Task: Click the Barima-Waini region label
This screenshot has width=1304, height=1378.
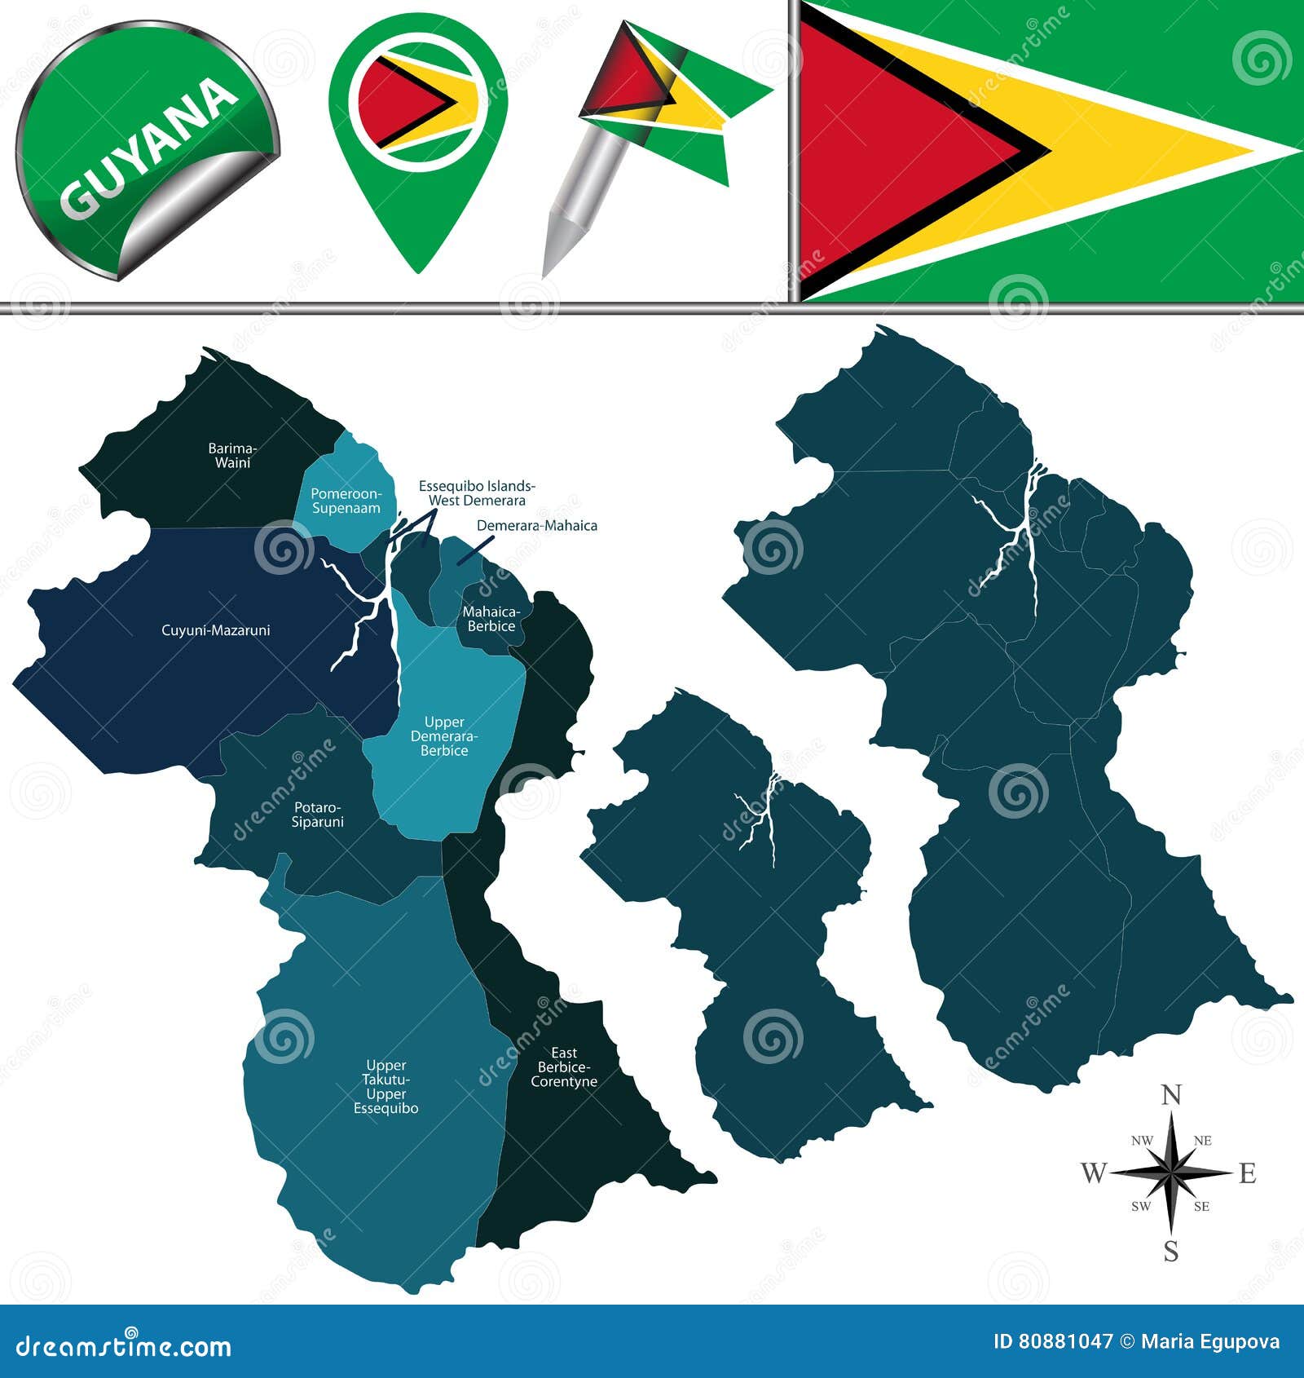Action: (232, 455)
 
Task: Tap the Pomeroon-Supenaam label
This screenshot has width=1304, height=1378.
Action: (346, 501)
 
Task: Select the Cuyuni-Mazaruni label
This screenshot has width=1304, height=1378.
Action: (215, 630)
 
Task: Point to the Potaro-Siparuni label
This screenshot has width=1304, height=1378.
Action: (317, 815)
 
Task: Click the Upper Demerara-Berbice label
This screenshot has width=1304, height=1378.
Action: (444, 736)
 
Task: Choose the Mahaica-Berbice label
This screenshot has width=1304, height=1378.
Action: (491, 619)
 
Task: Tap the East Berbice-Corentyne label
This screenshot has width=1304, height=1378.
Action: (564, 1067)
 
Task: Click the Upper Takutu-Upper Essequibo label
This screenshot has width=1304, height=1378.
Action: (385, 1087)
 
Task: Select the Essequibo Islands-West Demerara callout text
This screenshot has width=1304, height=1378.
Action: (477, 493)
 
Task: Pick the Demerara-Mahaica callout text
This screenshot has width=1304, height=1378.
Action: (536, 526)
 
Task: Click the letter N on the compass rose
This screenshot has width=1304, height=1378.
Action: (1171, 1096)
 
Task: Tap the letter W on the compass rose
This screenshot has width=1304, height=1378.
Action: (1093, 1173)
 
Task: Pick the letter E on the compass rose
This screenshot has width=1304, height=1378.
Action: (1247, 1173)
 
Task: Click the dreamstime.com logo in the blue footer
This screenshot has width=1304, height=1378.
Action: (124, 1345)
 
